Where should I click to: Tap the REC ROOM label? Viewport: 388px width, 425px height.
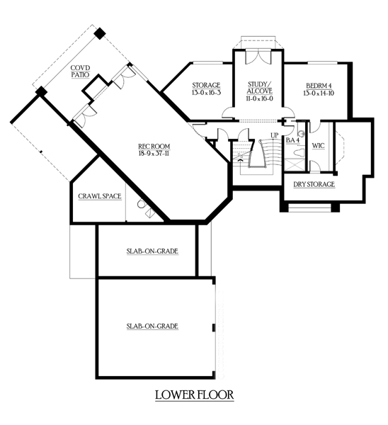point(154,147)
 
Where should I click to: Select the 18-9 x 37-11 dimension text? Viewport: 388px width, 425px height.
point(154,154)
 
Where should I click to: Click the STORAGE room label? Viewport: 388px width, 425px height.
point(206,86)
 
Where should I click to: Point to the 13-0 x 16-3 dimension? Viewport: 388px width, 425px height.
point(206,92)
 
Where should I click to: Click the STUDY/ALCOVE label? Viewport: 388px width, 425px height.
point(260,88)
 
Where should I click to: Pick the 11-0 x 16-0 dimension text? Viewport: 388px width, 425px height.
point(260,98)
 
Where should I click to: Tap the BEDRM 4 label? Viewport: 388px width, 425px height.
point(319,86)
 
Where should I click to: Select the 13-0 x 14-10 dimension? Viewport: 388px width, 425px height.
point(319,93)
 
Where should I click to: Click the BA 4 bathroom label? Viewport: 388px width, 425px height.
point(292,140)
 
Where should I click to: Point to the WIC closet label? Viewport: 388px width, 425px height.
point(318,145)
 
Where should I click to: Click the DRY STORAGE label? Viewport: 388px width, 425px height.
point(314,184)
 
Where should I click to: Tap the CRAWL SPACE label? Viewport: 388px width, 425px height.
point(99,196)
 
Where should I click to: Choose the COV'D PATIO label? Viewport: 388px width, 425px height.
point(80,71)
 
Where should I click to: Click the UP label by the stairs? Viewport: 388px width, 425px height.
point(275,135)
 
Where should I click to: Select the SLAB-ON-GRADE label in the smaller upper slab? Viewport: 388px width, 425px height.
point(152,251)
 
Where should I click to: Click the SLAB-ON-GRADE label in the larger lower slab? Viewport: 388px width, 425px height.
point(152,326)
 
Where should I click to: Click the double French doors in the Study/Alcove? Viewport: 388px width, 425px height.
point(258,57)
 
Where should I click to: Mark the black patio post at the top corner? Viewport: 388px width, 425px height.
point(100,33)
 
